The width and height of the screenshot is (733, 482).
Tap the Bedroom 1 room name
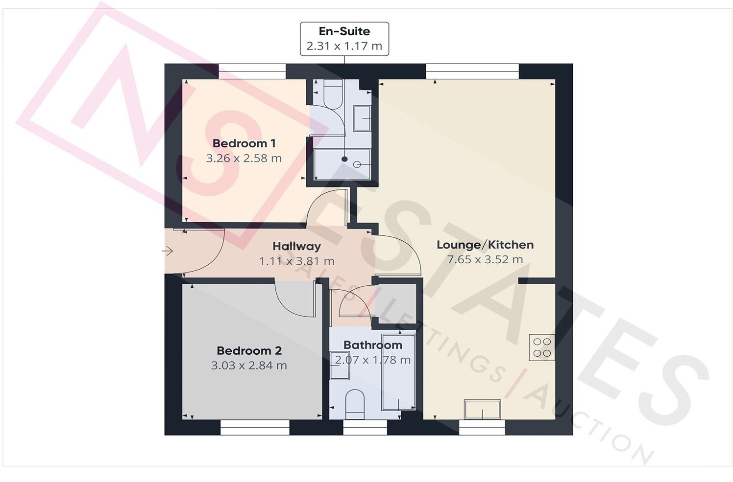point(244,143)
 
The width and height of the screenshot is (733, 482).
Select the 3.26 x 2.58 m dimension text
point(244,159)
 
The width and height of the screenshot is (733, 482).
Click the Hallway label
point(296,246)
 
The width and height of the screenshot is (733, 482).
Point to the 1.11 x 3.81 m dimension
point(296,261)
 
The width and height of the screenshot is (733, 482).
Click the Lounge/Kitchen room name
point(485,245)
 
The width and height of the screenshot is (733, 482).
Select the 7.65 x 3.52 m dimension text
point(485,260)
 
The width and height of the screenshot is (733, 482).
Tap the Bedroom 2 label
point(249,351)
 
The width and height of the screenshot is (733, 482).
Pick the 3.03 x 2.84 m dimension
point(249,366)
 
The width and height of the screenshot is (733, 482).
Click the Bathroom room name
point(372,345)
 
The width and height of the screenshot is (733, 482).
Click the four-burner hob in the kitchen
point(542,347)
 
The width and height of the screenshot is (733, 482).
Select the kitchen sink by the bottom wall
point(483,410)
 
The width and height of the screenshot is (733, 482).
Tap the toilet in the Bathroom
point(355,404)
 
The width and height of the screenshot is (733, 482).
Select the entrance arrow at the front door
point(168,252)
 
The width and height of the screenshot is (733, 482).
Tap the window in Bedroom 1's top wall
point(252,71)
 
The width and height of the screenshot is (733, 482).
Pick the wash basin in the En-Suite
point(362,118)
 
